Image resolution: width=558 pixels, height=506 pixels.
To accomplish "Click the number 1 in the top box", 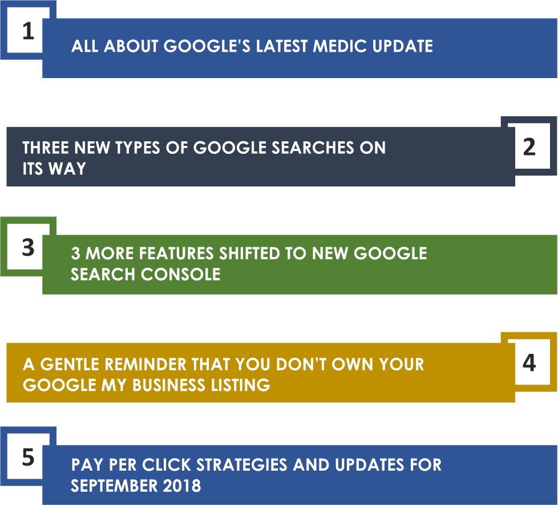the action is point(28,31).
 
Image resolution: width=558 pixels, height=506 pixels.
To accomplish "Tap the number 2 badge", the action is point(529,147).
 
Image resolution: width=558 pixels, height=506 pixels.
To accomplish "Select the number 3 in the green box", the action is point(28,247).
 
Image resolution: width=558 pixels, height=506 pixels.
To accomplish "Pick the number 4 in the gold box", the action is point(529,363).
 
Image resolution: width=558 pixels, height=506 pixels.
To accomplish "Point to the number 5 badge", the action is point(28,457).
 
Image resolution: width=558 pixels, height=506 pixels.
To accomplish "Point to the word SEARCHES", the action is point(313,148).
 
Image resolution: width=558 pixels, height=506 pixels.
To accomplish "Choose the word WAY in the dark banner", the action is point(67,169).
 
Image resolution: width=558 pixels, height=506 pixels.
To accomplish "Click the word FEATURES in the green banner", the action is point(176,254).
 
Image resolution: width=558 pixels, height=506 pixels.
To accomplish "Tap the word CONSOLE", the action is point(181,274).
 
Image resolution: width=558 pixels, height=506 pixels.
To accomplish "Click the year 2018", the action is point(182,485).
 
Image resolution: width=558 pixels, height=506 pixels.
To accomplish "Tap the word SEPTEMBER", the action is point(114,485).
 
